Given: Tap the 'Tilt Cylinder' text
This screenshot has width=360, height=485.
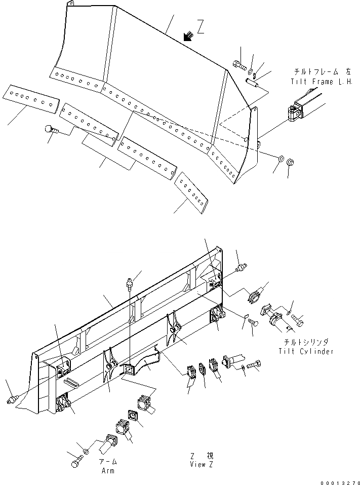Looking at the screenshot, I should point(306,352).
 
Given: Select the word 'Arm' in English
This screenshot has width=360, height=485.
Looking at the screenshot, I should point(107,470).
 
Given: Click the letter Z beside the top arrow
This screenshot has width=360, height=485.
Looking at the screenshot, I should point(201,29).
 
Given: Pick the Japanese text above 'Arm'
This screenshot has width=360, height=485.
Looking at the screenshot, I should point(107,462).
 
